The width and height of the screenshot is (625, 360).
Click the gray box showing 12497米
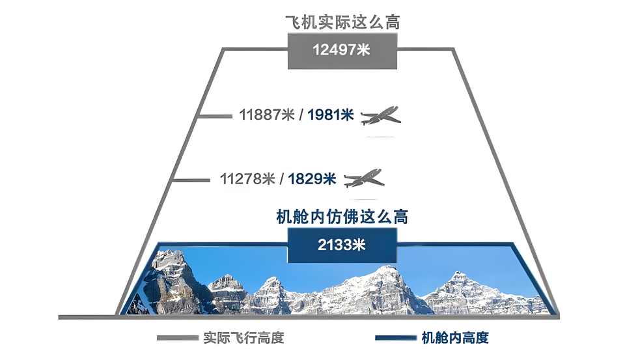342,51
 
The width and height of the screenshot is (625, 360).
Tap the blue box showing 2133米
342,245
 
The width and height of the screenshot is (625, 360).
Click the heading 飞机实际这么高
342,22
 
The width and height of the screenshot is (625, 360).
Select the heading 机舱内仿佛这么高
342,217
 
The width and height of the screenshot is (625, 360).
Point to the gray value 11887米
267,115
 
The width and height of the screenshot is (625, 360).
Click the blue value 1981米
331,115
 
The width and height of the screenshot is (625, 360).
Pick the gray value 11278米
247,178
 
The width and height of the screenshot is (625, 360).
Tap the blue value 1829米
312,178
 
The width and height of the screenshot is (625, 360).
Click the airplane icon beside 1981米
381,116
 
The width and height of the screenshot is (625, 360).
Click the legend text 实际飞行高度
243,338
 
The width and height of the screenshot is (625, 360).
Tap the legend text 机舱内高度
455,338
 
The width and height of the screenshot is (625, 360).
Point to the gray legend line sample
177,338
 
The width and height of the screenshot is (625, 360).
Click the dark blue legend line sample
396,338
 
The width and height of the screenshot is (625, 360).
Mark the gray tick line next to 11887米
214,117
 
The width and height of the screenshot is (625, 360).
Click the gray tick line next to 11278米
191,180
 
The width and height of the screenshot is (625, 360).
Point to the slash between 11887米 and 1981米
301,115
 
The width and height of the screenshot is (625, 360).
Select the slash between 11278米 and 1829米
282,178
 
